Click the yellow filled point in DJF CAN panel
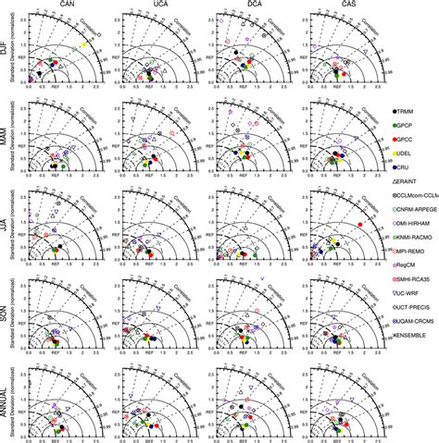coord(83,44)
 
